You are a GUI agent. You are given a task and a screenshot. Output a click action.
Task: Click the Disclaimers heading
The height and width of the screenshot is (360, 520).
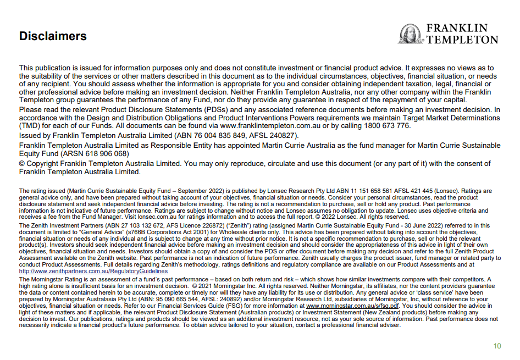tap(53, 36)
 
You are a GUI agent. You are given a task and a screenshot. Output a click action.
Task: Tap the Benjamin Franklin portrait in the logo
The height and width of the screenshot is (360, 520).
tap(410, 34)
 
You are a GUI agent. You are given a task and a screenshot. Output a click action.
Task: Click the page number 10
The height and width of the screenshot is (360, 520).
tap(497, 346)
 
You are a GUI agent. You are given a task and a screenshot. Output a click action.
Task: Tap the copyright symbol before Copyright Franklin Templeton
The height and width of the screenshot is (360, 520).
tap(23, 164)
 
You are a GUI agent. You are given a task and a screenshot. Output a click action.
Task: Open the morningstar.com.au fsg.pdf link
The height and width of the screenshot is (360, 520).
tap(352, 305)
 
